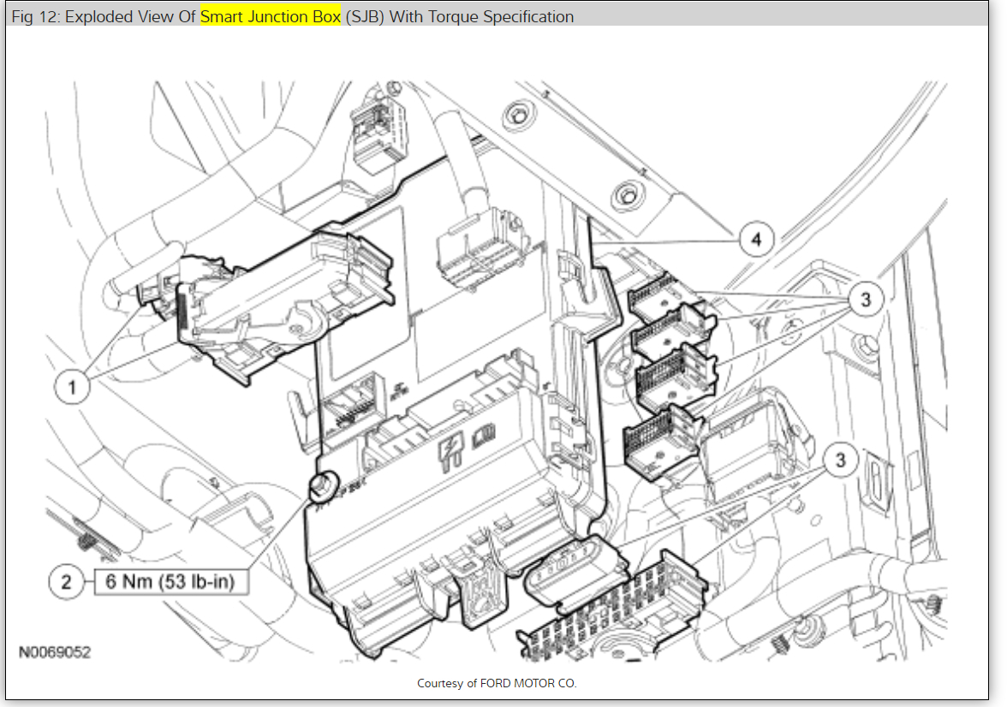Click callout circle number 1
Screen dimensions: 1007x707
tap(72, 387)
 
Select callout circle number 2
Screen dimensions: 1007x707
tap(66, 582)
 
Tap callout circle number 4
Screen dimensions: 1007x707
tap(756, 240)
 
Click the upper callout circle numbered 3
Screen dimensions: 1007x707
tap(865, 300)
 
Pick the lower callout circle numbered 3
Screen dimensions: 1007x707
tap(840, 460)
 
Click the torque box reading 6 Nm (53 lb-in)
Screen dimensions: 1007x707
tap(171, 582)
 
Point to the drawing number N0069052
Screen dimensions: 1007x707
tap(55, 652)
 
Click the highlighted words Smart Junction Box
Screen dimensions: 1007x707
tap(271, 17)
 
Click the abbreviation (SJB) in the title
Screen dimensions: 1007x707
tap(365, 17)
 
